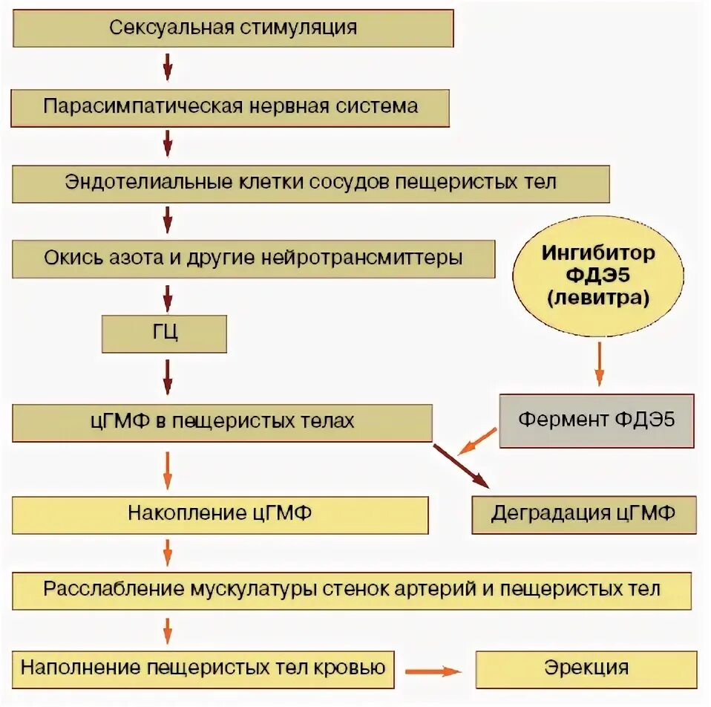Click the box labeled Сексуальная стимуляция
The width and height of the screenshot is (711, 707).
pyautogui.click(x=232, y=28)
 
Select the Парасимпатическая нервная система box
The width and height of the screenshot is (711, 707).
pyautogui.click(x=230, y=106)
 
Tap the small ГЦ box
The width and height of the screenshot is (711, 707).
pyautogui.click(x=164, y=333)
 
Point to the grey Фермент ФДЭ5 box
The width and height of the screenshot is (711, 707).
pyautogui.click(x=597, y=420)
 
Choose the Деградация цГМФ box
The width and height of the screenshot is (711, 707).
pyautogui.click(x=584, y=514)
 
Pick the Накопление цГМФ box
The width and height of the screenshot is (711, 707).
pyautogui.click(x=220, y=514)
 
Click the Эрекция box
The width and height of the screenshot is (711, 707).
pyautogui.click(x=586, y=668)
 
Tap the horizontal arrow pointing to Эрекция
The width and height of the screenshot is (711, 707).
pyautogui.click(x=433, y=671)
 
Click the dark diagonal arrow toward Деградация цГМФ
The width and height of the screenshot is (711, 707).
pyautogui.click(x=462, y=466)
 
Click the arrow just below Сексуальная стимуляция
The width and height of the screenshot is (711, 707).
pyautogui.click(x=168, y=66)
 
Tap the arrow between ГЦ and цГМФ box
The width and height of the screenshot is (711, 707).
pyautogui.click(x=168, y=377)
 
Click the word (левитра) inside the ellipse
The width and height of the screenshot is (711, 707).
pyautogui.click(x=598, y=299)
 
